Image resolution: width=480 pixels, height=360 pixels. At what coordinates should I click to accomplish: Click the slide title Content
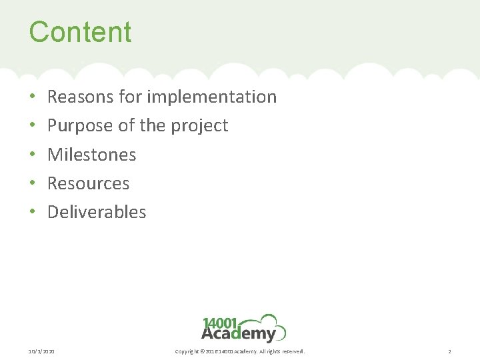click(x=80, y=32)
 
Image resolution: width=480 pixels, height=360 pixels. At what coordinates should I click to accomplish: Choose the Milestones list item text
click(x=92, y=155)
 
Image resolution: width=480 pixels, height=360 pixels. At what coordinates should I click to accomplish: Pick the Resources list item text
click(x=89, y=183)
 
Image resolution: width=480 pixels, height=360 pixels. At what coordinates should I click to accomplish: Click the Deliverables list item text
click(x=97, y=212)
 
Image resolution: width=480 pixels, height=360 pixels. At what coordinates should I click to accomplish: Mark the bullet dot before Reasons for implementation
click(x=33, y=97)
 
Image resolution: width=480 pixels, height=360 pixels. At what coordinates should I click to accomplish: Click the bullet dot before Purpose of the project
click(x=33, y=126)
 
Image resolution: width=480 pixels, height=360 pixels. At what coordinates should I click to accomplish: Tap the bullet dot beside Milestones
click(x=33, y=155)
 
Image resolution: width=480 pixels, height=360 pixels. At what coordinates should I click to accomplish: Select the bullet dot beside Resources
click(x=33, y=184)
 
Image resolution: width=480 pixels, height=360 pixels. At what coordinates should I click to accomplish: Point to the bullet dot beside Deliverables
click(x=33, y=213)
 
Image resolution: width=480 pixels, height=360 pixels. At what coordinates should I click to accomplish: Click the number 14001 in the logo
click(x=221, y=323)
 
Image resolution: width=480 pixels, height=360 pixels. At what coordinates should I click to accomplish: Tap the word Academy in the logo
click(x=238, y=334)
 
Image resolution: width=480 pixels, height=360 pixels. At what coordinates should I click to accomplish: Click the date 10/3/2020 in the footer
click(x=42, y=351)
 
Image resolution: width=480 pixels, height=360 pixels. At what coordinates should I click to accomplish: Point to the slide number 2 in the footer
click(x=449, y=351)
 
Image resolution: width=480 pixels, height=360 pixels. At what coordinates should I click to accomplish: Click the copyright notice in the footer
click(x=239, y=351)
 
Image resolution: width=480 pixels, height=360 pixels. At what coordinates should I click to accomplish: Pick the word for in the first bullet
click(x=131, y=97)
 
